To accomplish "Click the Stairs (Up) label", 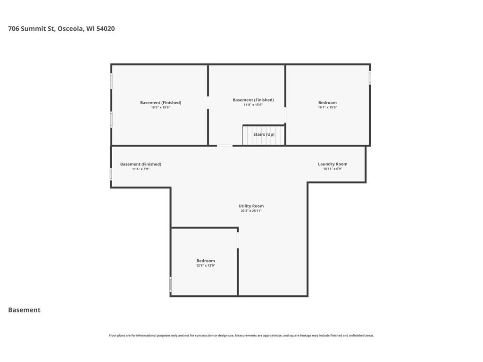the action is [264, 134].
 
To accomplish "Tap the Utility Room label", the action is [251, 206].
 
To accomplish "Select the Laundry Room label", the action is [333, 164].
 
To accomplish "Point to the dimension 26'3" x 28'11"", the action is [251, 211].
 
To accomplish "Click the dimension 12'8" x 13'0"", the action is [206, 265].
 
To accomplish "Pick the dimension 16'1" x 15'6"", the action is [327, 107].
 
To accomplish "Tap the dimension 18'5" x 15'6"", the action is [160, 107].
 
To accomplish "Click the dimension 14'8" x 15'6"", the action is [253, 105].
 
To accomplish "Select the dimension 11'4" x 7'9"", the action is [141, 169].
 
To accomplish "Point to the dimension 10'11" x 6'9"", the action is [333, 169].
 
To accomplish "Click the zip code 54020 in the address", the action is [105, 29].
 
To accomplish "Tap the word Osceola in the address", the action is [71, 29].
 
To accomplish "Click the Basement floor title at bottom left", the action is [25, 310].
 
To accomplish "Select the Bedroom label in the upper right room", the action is [327, 102].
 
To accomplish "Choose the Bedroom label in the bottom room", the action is [206, 261].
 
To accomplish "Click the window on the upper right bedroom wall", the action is [370, 77].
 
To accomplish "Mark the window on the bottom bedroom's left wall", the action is [170, 284].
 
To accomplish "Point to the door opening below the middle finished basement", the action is [225, 146].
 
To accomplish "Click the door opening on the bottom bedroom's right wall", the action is [238, 240].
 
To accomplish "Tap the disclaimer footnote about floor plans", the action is [241, 336].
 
